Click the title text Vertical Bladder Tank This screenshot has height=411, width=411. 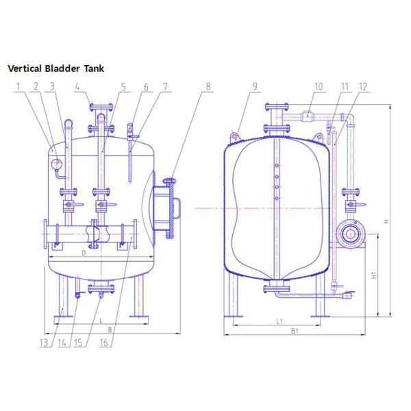pyautogui.click(x=55, y=69)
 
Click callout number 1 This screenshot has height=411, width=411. pyautogui.click(x=20, y=86)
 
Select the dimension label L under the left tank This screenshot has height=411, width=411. pyautogui.click(x=100, y=321)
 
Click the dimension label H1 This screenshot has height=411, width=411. pyautogui.click(x=374, y=275)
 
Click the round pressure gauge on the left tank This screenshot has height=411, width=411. pyautogui.click(x=56, y=164)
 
